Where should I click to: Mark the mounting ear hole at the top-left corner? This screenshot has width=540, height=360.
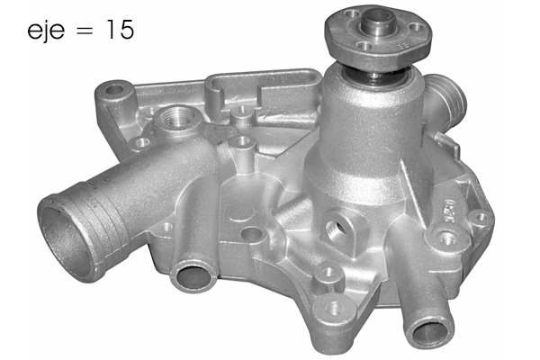point(114,91)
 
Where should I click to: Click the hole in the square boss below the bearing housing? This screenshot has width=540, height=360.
point(338,227)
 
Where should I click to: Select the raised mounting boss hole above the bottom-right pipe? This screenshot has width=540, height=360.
point(445,238)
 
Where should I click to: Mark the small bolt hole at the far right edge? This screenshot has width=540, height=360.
point(481,217)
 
